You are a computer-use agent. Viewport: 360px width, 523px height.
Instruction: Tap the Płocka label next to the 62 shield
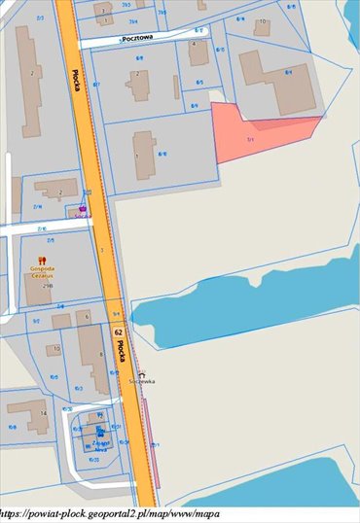click(123, 353)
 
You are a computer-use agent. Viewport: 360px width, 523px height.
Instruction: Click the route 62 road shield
click(118, 331)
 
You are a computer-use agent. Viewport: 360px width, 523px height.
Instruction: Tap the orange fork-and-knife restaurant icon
click(42, 260)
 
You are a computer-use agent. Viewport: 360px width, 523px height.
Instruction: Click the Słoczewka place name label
click(142, 382)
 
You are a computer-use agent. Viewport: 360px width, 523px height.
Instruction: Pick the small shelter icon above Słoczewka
click(142, 373)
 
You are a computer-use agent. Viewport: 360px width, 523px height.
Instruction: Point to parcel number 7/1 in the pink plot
click(249, 141)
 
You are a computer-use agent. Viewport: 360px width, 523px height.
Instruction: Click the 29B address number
click(46, 288)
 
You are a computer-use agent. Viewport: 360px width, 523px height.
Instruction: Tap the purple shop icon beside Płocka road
click(83, 208)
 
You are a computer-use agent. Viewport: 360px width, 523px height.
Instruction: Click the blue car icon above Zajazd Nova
click(99, 429)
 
